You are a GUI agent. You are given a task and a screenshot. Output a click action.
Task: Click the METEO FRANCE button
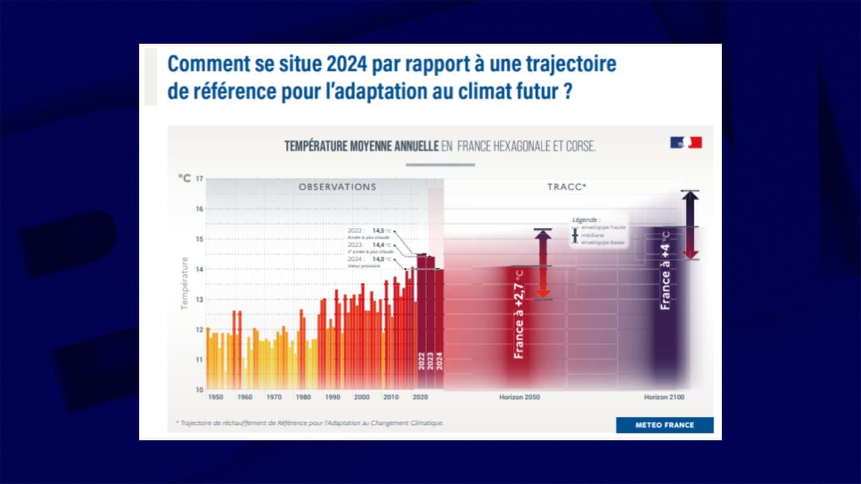point(665,425)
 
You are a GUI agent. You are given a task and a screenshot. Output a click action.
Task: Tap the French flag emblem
point(685,143)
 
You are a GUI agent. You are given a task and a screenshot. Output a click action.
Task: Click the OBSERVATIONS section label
point(338,187)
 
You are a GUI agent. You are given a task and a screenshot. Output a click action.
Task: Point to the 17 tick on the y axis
point(199,179)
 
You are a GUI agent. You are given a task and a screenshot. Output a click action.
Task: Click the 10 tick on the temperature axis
point(199,389)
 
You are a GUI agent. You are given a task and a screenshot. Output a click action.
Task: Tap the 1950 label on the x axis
point(216,397)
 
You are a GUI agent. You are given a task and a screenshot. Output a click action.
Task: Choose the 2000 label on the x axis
point(362,397)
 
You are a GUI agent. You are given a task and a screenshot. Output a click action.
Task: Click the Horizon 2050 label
point(519,397)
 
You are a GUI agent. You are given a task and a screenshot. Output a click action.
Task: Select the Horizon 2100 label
point(664,397)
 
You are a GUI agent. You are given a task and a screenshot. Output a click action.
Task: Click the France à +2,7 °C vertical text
point(519,314)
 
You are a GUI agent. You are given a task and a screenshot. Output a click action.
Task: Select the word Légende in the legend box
point(586,220)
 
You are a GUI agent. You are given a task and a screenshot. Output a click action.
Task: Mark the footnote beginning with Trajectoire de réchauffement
point(310,423)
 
